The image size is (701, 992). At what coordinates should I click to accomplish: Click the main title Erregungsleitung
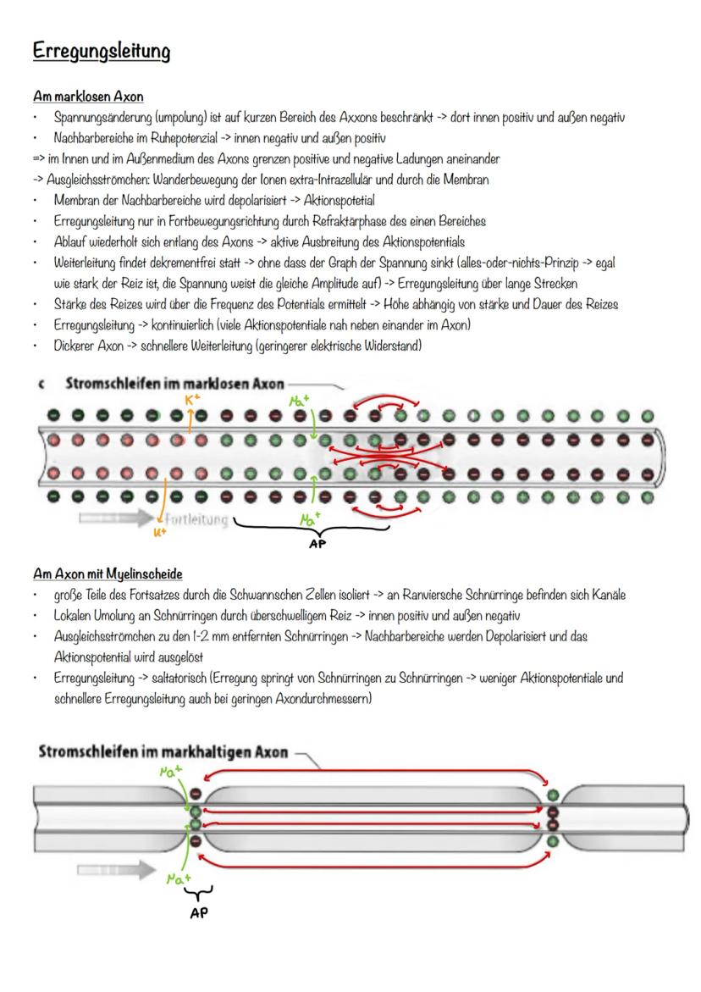102,53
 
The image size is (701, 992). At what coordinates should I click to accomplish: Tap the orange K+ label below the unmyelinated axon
158,534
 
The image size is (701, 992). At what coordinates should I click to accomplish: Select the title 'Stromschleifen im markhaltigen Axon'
163,751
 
